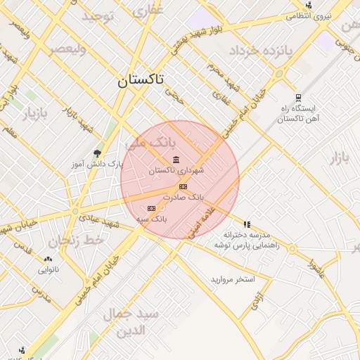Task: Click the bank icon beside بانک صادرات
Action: [x=184, y=186]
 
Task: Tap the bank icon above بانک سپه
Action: [x=151, y=208]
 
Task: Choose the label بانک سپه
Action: [x=151, y=219]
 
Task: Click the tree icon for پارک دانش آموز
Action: [x=97, y=153]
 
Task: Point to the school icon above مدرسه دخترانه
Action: [x=247, y=224]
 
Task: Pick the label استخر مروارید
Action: [x=232, y=280]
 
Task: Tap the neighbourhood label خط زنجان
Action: [x=83, y=240]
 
